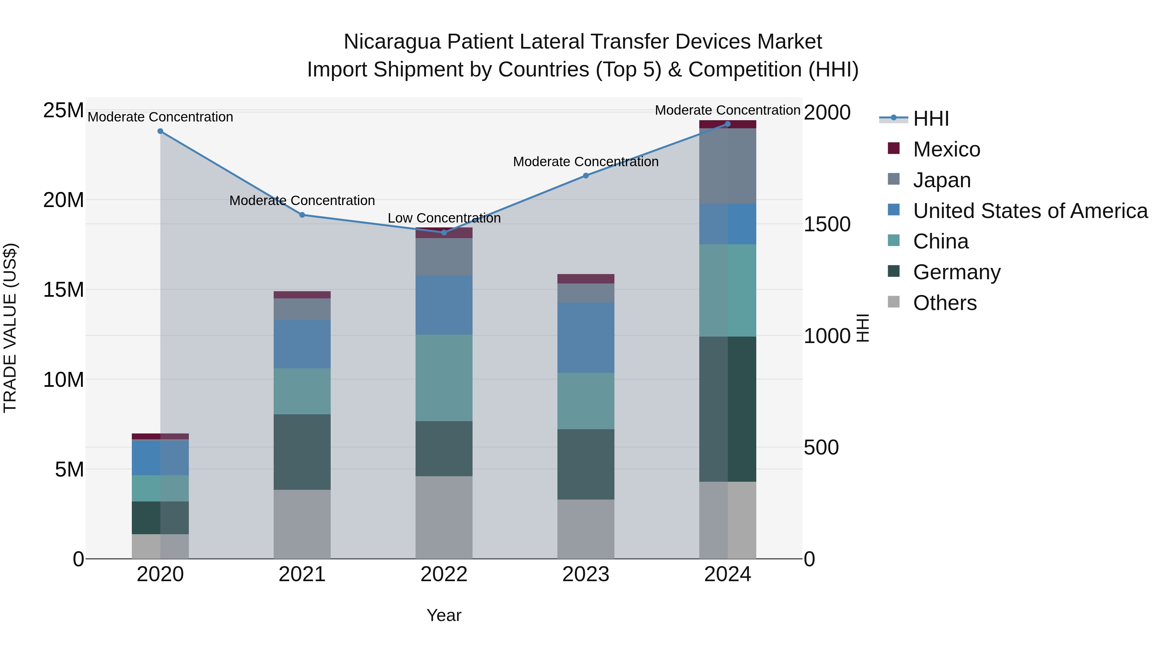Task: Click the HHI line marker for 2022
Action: point(444,232)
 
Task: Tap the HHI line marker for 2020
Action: point(160,131)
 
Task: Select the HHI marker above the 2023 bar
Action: point(585,175)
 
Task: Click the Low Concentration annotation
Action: point(444,218)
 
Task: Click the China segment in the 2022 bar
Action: point(444,378)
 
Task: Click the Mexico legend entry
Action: point(946,149)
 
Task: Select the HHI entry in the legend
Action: point(931,119)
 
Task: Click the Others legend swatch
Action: point(894,302)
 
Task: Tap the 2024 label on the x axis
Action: point(727,574)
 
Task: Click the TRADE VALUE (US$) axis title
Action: point(10,328)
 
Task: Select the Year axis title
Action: point(444,615)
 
